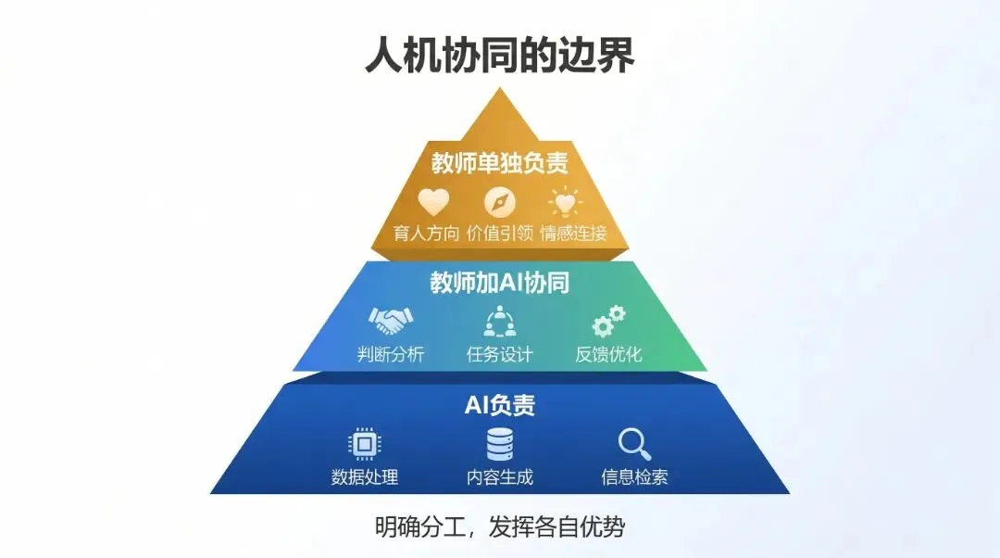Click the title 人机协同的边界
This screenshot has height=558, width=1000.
(500, 56)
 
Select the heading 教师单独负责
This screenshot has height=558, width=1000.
(499, 163)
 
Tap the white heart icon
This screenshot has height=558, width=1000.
(432, 201)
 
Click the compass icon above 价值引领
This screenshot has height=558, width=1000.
(500, 201)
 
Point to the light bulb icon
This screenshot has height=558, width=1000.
(565, 201)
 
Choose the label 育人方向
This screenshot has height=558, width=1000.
(426, 233)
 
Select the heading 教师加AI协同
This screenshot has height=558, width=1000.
(499, 284)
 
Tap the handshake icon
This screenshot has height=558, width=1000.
(391, 322)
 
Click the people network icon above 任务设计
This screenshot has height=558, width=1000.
(500, 322)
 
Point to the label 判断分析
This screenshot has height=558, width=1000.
(391, 354)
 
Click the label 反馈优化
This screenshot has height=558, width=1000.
(608, 354)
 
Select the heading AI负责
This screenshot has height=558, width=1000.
(500, 406)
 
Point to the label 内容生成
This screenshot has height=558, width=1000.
(500, 478)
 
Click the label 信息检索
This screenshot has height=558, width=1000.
(634, 478)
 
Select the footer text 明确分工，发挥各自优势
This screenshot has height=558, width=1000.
(500, 527)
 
